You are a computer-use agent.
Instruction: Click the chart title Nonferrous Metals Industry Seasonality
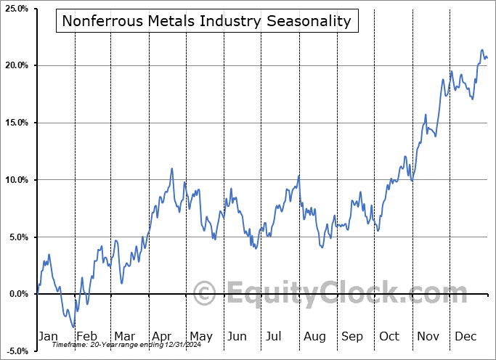pyautogui.click(x=206, y=21)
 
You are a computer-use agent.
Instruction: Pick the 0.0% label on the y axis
pyautogui.click(x=19, y=294)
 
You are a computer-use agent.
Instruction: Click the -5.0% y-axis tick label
pyautogui.click(x=17, y=351)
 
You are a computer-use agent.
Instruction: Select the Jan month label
pyautogui.click(x=47, y=336)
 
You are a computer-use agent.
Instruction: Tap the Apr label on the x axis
pyautogui.click(x=162, y=336)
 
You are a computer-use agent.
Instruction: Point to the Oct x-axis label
pyautogui.click(x=389, y=336)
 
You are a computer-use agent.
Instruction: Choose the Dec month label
pyautogui.click(x=465, y=336)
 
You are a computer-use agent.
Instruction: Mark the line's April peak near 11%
pyautogui.click(x=172, y=168)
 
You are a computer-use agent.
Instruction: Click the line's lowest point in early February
pyautogui.click(x=73, y=327)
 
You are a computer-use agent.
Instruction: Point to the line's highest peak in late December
pyautogui.click(x=481, y=50)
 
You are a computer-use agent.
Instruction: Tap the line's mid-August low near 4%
pyautogui.click(x=321, y=247)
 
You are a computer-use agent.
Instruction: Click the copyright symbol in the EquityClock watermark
pyautogui.click(x=206, y=294)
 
